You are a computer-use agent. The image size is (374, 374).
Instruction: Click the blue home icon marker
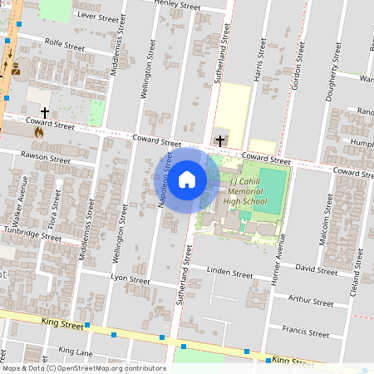point(187,179)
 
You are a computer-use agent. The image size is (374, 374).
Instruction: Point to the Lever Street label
point(98,16)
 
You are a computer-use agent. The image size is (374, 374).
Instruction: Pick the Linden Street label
point(229,273)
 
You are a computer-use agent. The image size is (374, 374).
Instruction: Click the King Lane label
point(76,352)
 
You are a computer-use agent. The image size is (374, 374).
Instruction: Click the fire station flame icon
point(38,130)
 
